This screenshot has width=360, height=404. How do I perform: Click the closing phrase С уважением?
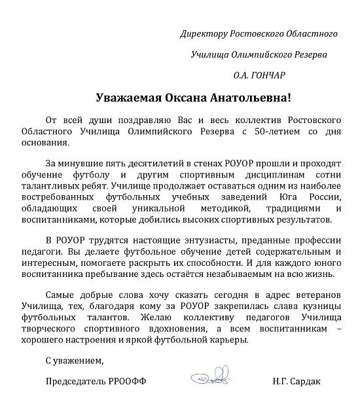click(75, 360)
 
